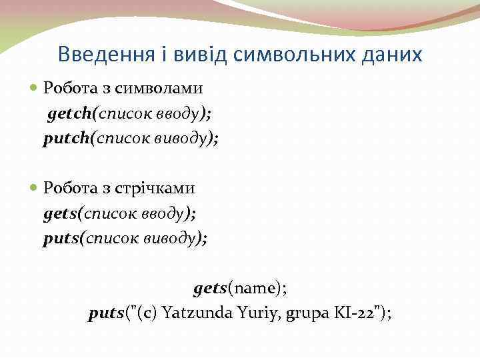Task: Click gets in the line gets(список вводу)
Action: point(61,213)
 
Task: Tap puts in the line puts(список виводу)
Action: point(61,239)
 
